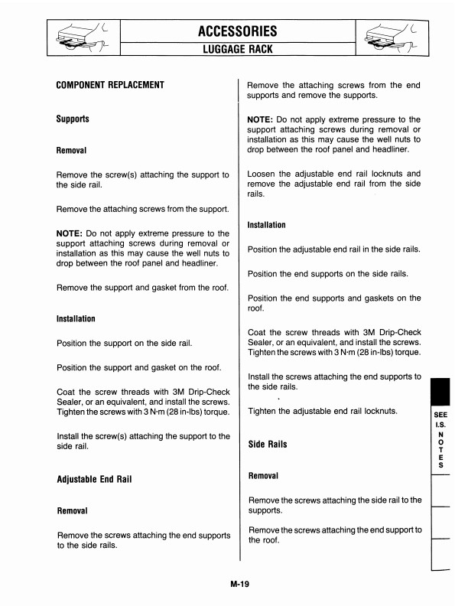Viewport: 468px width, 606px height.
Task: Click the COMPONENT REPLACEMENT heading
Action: coord(111,84)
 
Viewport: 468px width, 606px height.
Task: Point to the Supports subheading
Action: coord(73,119)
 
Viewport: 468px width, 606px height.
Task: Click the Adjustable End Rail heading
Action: coord(101,480)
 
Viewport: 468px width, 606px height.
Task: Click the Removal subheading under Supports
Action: coord(72,151)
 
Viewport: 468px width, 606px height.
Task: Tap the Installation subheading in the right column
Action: coord(267,225)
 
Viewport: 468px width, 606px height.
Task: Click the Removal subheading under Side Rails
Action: coord(264,475)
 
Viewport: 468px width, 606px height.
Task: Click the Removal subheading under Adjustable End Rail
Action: coord(72,510)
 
